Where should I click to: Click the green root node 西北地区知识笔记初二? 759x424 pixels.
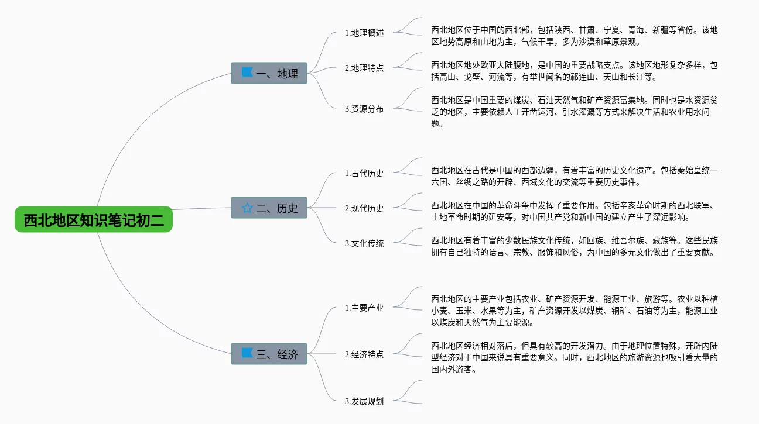pos(94,220)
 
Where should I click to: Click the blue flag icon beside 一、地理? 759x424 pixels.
pos(247,73)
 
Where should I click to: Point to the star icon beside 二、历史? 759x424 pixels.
pos(247,208)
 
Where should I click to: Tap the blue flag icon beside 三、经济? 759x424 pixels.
pos(247,353)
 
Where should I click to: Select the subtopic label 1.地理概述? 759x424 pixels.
pos(364,33)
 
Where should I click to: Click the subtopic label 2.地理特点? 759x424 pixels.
pos(364,68)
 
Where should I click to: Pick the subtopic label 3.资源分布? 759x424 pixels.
pos(364,109)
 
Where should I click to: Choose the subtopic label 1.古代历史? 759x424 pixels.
pos(364,173)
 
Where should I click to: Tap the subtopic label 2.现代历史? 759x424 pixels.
pos(364,208)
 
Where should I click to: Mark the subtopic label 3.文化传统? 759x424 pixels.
pos(364,243)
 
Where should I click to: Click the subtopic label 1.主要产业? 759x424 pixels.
pos(364,308)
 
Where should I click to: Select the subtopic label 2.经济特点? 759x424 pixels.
pos(364,354)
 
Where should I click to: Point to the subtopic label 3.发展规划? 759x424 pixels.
pos(364,401)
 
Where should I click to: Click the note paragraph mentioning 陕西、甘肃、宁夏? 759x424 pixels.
pos(574,36)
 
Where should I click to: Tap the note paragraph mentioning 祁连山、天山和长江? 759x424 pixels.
pos(574,71)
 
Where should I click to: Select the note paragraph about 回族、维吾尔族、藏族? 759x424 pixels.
pos(574,246)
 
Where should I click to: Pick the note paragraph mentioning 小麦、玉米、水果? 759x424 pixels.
pos(574,311)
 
